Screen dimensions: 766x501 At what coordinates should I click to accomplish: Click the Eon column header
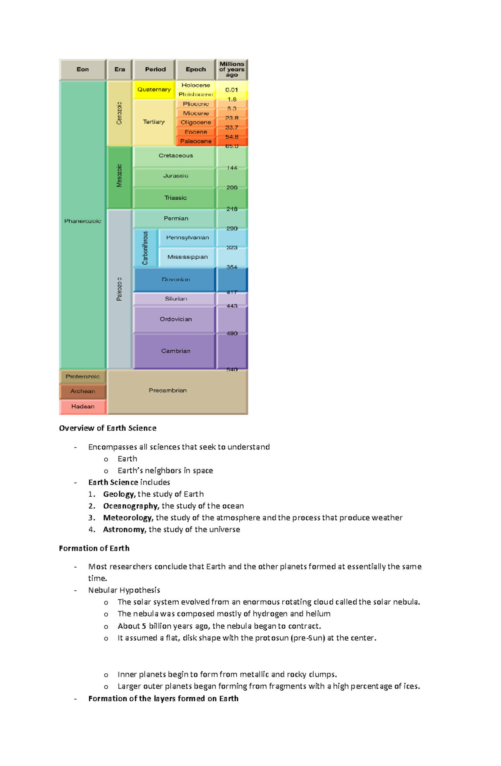[x=83, y=70]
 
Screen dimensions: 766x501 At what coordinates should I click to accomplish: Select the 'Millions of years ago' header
[x=232, y=70]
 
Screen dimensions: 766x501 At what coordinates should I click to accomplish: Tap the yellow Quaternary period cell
[x=154, y=90]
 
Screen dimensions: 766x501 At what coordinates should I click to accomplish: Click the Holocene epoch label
[x=195, y=85]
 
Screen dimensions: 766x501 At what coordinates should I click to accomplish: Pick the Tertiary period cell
[x=154, y=122]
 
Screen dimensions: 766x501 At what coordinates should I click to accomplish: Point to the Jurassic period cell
[x=175, y=176]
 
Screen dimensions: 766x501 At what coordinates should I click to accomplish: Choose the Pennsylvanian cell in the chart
[x=187, y=238]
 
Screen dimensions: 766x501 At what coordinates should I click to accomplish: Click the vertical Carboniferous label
[x=145, y=248]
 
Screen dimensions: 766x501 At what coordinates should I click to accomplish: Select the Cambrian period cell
[x=175, y=351]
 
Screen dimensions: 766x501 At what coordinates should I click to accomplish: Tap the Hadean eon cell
[x=83, y=407]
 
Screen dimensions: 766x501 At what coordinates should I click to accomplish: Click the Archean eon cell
[x=83, y=391]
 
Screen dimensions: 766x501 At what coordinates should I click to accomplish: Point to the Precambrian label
[x=167, y=390]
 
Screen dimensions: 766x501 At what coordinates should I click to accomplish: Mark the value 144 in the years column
[x=232, y=168]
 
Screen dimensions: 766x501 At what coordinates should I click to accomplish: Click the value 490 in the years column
[x=232, y=334]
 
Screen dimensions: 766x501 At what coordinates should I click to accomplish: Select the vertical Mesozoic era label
[x=119, y=176]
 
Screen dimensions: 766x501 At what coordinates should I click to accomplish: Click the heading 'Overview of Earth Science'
[x=108, y=428]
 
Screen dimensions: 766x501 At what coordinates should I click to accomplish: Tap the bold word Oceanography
[x=131, y=506]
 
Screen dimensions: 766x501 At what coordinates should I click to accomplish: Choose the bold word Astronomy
[x=124, y=529]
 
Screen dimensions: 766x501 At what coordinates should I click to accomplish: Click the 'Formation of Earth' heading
[x=94, y=549]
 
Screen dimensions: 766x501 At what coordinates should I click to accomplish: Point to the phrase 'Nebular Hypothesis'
[x=124, y=590]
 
